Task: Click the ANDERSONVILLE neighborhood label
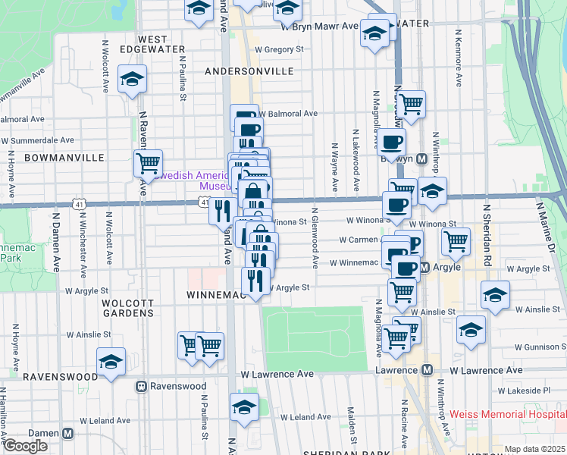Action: click(x=249, y=71)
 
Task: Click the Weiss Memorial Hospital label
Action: click(x=507, y=414)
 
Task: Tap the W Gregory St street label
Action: click(x=278, y=49)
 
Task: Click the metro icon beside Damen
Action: click(x=68, y=433)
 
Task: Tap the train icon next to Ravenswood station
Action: click(x=141, y=386)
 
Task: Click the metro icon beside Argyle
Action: click(x=425, y=267)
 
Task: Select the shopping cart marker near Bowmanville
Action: click(x=148, y=163)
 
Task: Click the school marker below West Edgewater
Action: click(x=132, y=80)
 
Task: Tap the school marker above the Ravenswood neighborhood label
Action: click(x=111, y=362)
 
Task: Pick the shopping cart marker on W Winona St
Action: click(x=455, y=241)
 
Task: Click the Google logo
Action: click(x=25, y=446)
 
